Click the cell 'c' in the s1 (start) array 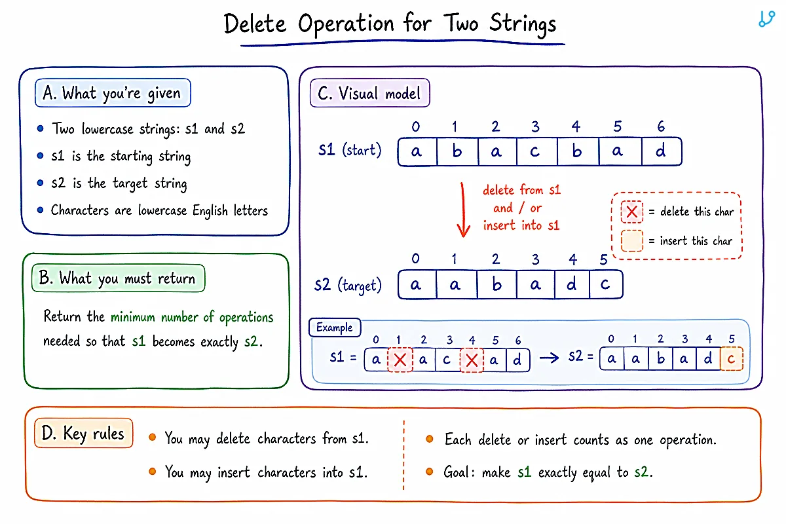coord(537,151)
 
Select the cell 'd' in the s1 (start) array coord(662,151)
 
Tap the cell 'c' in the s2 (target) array coord(607,284)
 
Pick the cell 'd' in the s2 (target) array coord(572,284)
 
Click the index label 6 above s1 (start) coord(661,126)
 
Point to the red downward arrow coord(463,210)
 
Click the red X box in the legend coord(631,212)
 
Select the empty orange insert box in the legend coord(631,241)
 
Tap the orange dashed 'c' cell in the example coord(732,359)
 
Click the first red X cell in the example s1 coord(400,360)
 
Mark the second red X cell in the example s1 coord(472,360)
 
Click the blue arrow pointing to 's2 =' coord(549,358)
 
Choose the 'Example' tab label coord(335,327)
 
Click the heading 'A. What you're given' coord(113,93)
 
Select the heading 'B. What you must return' coord(119,278)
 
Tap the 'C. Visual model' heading coord(370,93)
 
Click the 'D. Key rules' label coord(84,433)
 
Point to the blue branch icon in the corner coord(767,19)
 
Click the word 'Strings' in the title coord(523,24)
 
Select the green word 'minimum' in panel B coord(132,317)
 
